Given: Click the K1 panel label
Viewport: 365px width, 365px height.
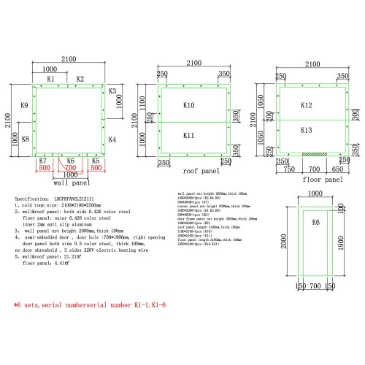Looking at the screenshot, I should [51, 78].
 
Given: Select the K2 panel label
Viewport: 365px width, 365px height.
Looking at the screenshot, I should [80, 78].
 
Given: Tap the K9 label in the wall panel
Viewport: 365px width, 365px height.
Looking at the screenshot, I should [24, 106].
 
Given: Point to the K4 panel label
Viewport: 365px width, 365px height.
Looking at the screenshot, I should [112, 138].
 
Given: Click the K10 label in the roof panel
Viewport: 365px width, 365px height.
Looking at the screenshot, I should [188, 106].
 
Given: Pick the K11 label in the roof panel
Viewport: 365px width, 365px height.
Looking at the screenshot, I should [188, 136].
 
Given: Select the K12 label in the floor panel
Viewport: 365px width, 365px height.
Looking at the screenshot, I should [306, 105].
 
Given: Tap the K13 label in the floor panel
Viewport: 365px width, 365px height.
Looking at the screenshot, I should [306, 130].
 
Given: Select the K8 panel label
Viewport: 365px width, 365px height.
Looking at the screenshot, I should [24, 139].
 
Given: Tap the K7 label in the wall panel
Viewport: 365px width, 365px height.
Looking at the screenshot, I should [43, 160].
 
